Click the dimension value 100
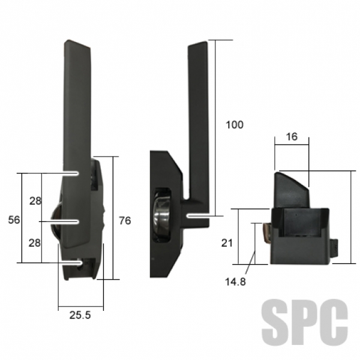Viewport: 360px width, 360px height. point(235,125)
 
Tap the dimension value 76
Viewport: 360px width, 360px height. point(125,221)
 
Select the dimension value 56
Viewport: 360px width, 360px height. point(14,220)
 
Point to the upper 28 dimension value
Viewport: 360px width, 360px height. point(35,201)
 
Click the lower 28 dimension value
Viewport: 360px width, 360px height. point(34,243)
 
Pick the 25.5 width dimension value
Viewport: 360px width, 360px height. point(80,315)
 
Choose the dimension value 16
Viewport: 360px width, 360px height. point(292,137)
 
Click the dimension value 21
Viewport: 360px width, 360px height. point(227,243)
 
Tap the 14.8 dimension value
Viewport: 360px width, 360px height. point(235,282)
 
